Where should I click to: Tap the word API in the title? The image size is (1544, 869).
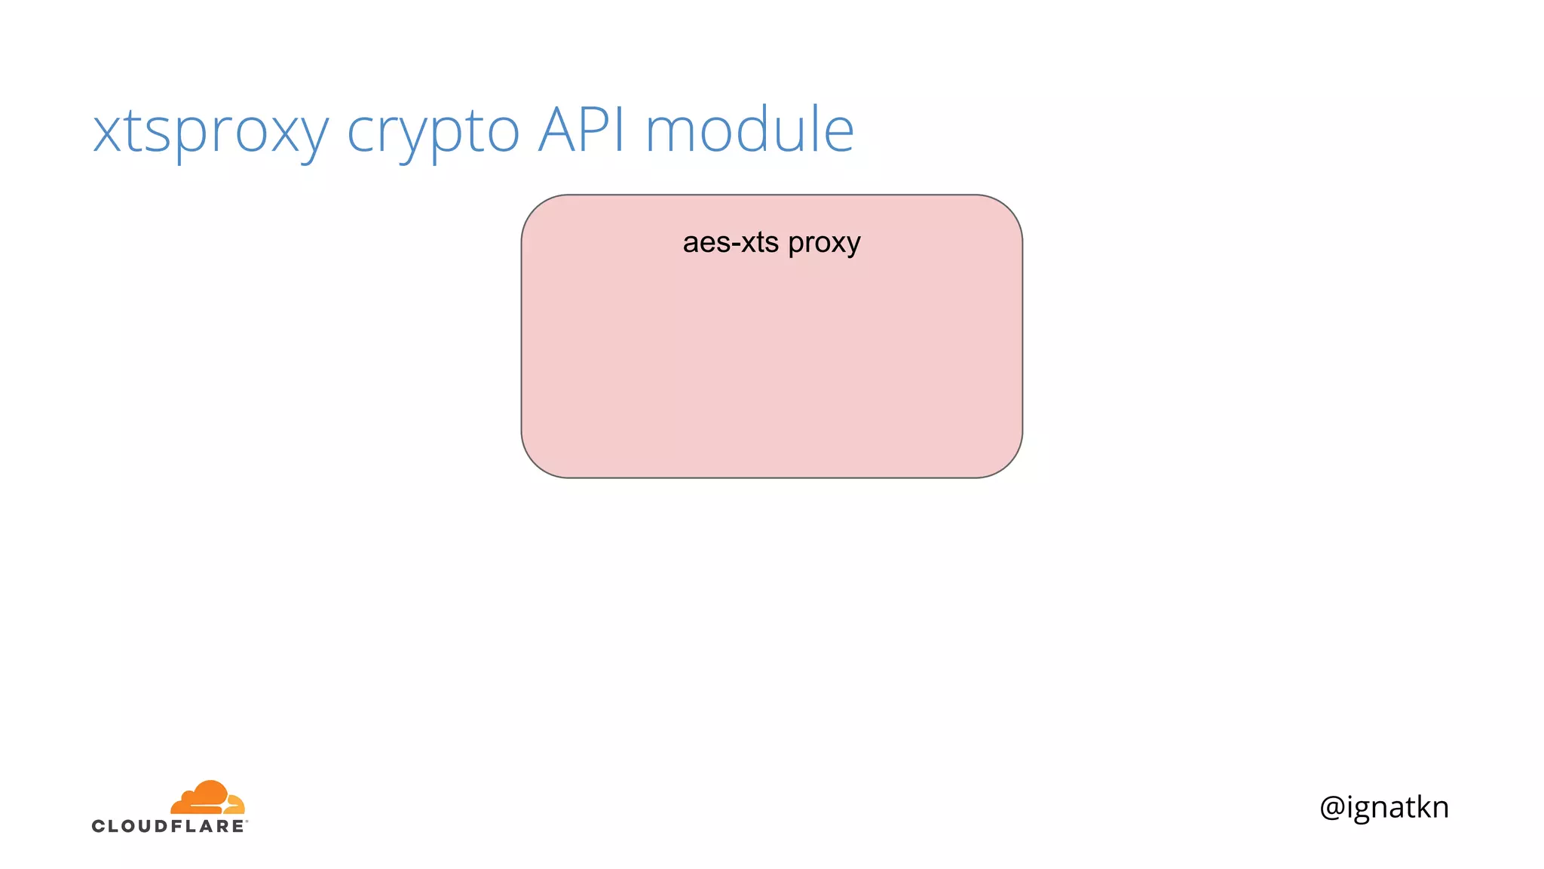click(x=582, y=130)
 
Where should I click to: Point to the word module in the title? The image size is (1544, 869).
click(x=749, y=130)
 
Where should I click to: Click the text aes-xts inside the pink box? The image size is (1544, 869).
click(x=731, y=243)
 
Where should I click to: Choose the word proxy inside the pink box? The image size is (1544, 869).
click(x=824, y=244)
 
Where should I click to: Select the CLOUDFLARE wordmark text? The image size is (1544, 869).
click(x=169, y=826)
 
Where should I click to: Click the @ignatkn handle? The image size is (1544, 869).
click(x=1384, y=807)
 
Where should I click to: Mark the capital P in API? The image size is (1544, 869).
click(x=599, y=130)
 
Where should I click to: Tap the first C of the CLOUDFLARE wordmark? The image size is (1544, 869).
click(x=99, y=826)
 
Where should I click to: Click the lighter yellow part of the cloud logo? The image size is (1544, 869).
click(x=234, y=803)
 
